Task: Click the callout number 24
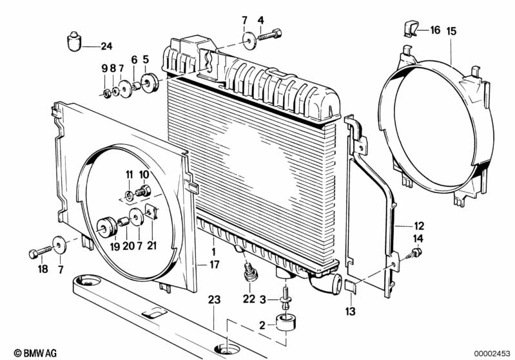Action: (x=106, y=46)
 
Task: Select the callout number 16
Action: (x=435, y=30)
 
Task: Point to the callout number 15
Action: (x=451, y=30)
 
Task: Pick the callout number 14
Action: (x=418, y=239)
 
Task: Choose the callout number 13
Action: (x=351, y=311)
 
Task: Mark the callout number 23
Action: (x=213, y=299)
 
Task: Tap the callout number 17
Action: (x=215, y=263)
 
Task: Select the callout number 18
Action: (x=43, y=269)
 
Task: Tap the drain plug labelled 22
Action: (x=249, y=274)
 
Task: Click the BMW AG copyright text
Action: (x=31, y=352)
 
